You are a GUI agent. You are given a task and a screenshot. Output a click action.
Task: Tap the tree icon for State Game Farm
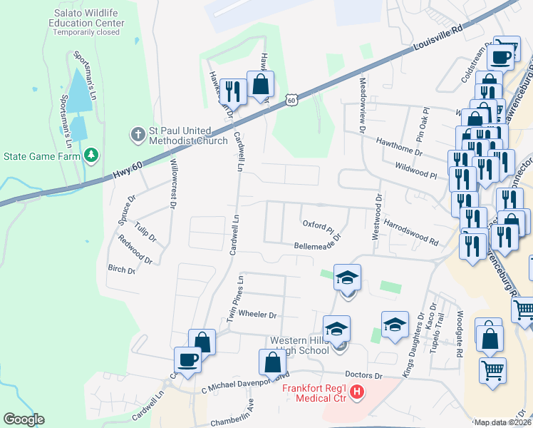pyautogui.click(x=90, y=155)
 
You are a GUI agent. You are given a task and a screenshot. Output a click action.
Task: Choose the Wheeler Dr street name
pyautogui.click(x=257, y=314)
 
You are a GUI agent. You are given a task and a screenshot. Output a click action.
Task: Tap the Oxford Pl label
pyautogui.click(x=319, y=225)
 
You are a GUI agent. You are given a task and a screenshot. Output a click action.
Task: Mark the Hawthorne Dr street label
pyautogui.click(x=399, y=147)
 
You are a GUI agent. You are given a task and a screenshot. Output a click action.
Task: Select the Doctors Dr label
pyautogui.click(x=363, y=375)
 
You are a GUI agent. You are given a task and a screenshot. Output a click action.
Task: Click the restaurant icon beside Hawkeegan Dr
pyautogui.click(x=233, y=90)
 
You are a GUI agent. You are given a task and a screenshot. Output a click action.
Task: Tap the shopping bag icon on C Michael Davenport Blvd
pyautogui.click(x=272, y=362)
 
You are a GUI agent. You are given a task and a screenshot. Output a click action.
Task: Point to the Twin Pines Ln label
pyautogui.click(x=234, y=300)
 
